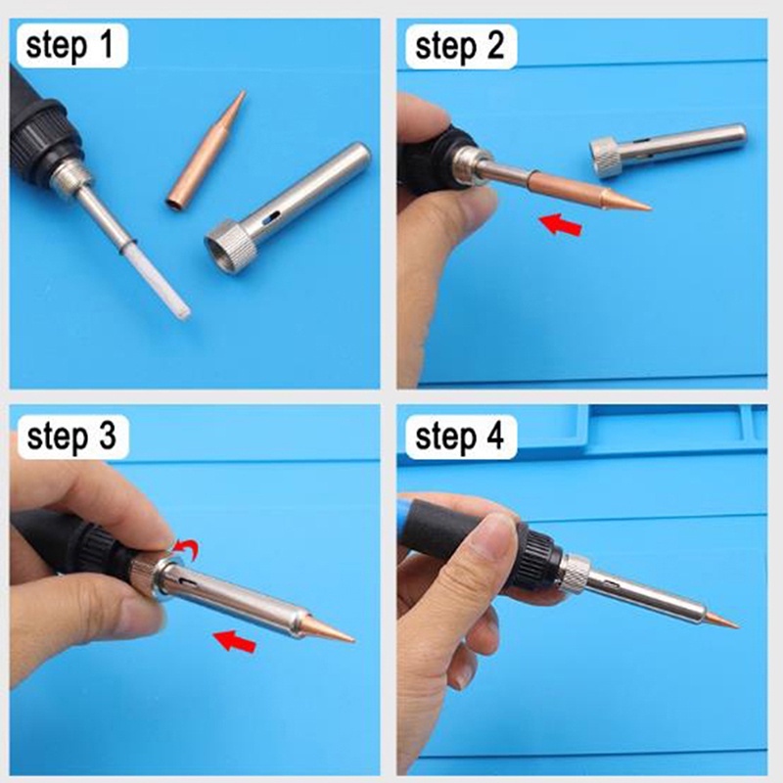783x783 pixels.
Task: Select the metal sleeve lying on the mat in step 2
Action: tap(675, 148)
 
